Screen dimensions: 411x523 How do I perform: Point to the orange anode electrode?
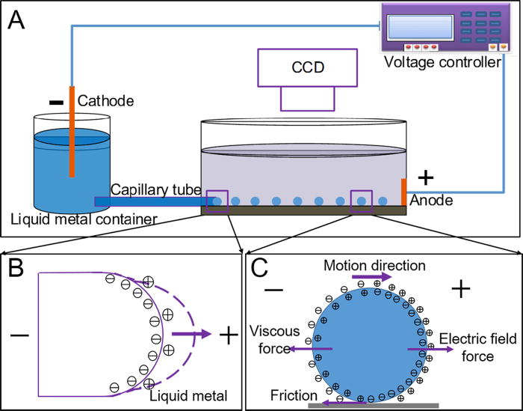point(404,191)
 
